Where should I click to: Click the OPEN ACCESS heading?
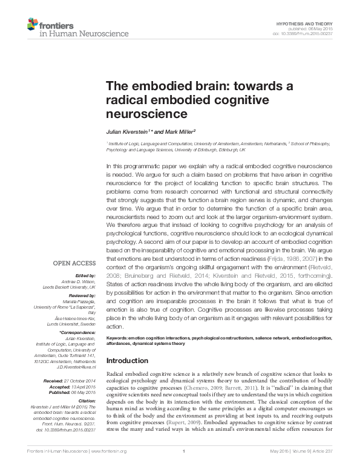74,263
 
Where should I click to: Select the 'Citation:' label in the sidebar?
87,401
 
